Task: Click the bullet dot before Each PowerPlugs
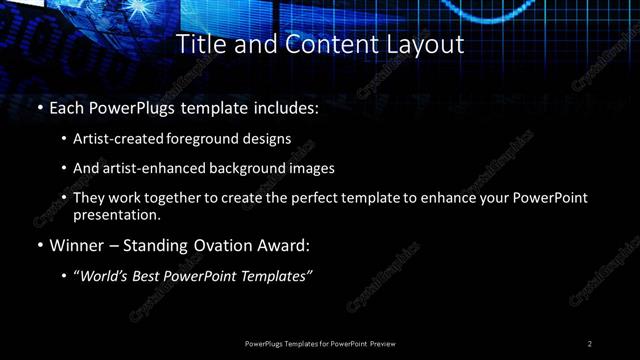click(38, 107)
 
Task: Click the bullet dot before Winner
click(38, 245)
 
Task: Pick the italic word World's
click(106, 276)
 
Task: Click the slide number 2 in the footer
click(589, 343)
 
